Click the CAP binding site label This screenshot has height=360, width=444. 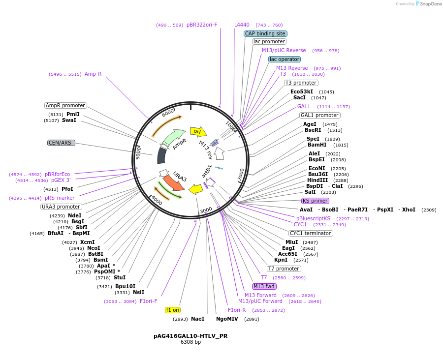(x=265, y=33)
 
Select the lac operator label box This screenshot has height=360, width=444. (x=284, y=59)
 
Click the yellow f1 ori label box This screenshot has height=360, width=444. (x=173, y=310)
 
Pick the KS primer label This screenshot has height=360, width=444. (x=315, y=201)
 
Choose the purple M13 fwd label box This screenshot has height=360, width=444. (x=264, y=286)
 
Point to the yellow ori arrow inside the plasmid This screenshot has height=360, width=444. (x=198, y=131)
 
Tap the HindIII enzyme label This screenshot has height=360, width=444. (x=317, y=180)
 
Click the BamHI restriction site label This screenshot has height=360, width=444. (x=317, y=145)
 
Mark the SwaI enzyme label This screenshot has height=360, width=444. (x=69, y=120)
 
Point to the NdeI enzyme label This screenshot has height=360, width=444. (x=75, y=215)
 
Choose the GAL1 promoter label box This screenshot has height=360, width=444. (x=319, y=115)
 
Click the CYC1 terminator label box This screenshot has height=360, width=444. (x=311, y=233)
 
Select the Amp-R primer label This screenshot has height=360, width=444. (x=93, y=74)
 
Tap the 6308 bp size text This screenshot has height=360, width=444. (x=190, y=342)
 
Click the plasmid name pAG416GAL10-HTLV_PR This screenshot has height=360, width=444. (x=190, y=336)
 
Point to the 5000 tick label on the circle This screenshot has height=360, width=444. (x=138, y=152)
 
